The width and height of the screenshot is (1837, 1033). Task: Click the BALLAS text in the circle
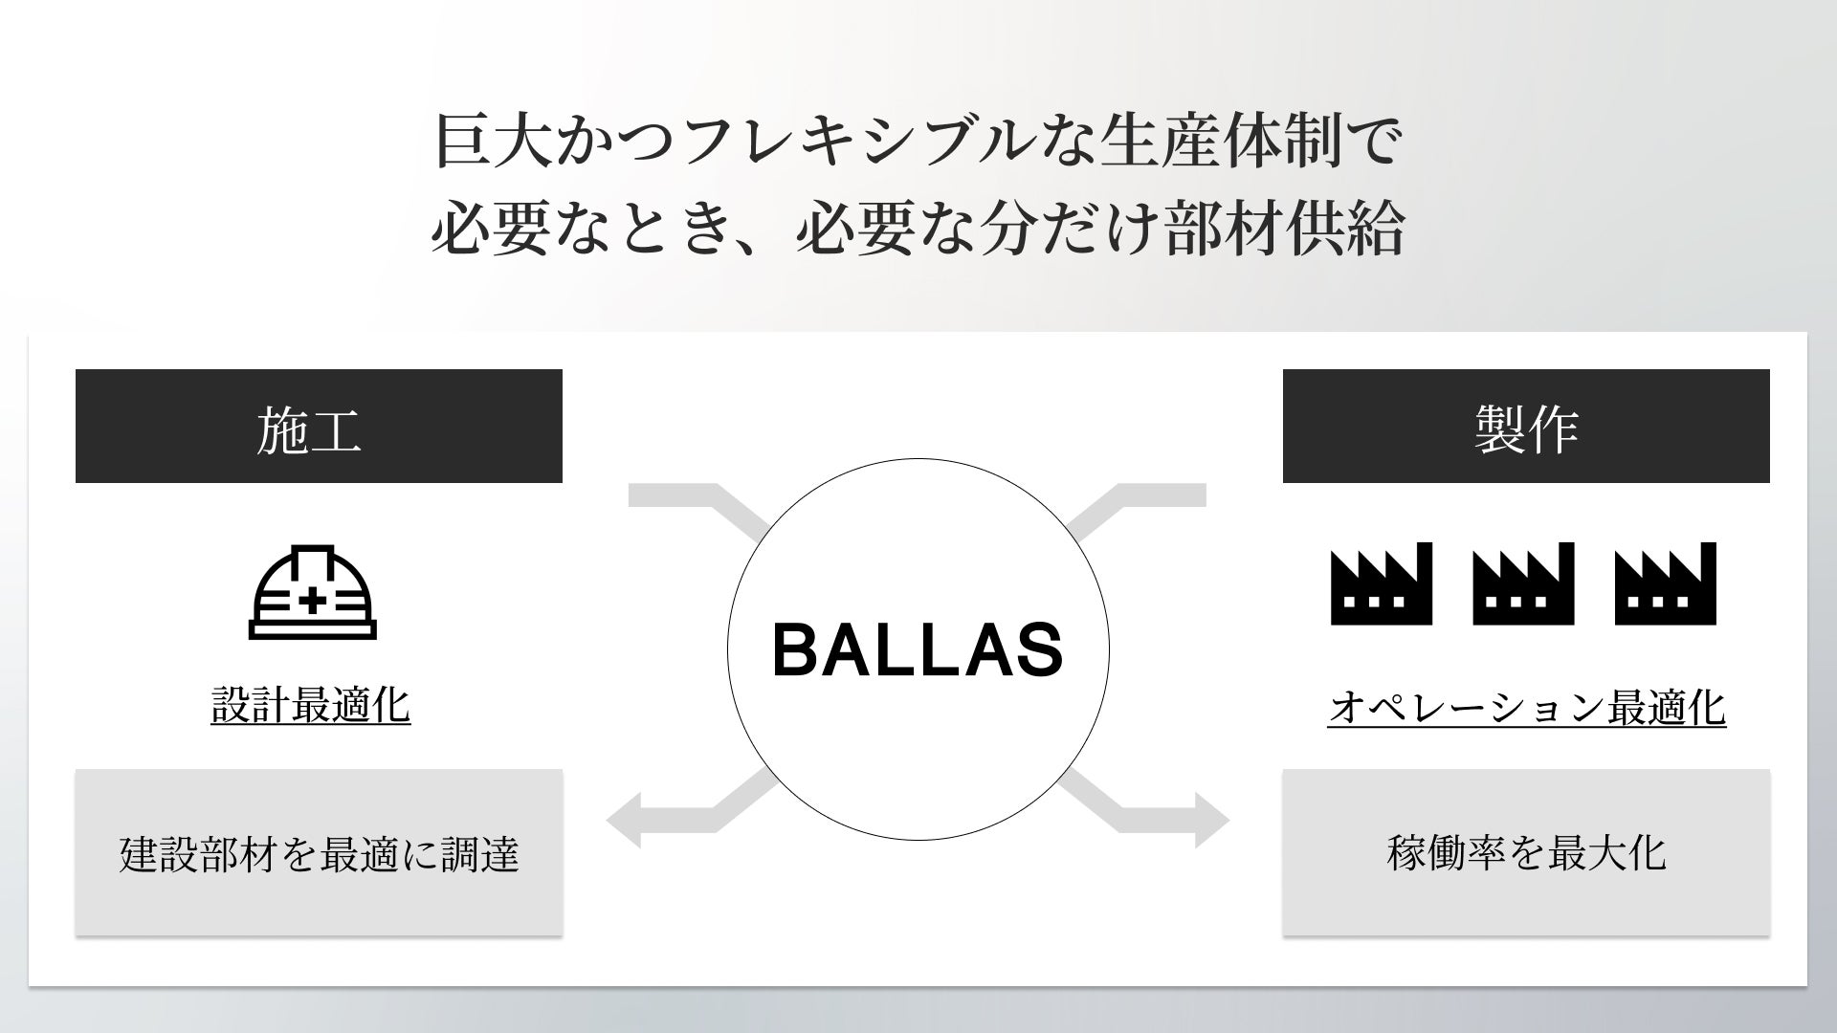pyautogui.click(x=918, y=650)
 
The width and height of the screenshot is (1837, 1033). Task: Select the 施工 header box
pyautogui.click(x=319, y=427)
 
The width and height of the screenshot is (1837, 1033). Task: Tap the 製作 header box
pyautogui.click(x=1526, y=427)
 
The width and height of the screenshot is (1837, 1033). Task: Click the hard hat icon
pyautogui.click(x=312, y=593)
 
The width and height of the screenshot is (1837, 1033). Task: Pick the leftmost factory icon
pyautogui.click(x=1382, y=584)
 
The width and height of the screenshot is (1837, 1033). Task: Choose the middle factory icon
pyautogui.click(x=1523, y=584)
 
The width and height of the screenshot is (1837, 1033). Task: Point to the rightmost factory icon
pyautogui.click(x=1665, y=584)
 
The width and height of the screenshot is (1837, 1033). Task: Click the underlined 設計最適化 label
pyautogui.click(x=311, y=706)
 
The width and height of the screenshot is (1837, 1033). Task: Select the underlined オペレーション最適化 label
pyautogui.click(x=1526, y=708)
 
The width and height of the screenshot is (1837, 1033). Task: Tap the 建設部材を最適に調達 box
pyautogui.click(x=319, y=853)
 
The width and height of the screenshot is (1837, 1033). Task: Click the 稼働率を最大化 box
pyautogui.click(x=1526, y=853)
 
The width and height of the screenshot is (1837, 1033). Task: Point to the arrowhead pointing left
pyautogui.click(x=625, y=821)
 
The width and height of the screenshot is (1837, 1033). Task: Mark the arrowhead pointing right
pyautogui.click(x=1211, y=821)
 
